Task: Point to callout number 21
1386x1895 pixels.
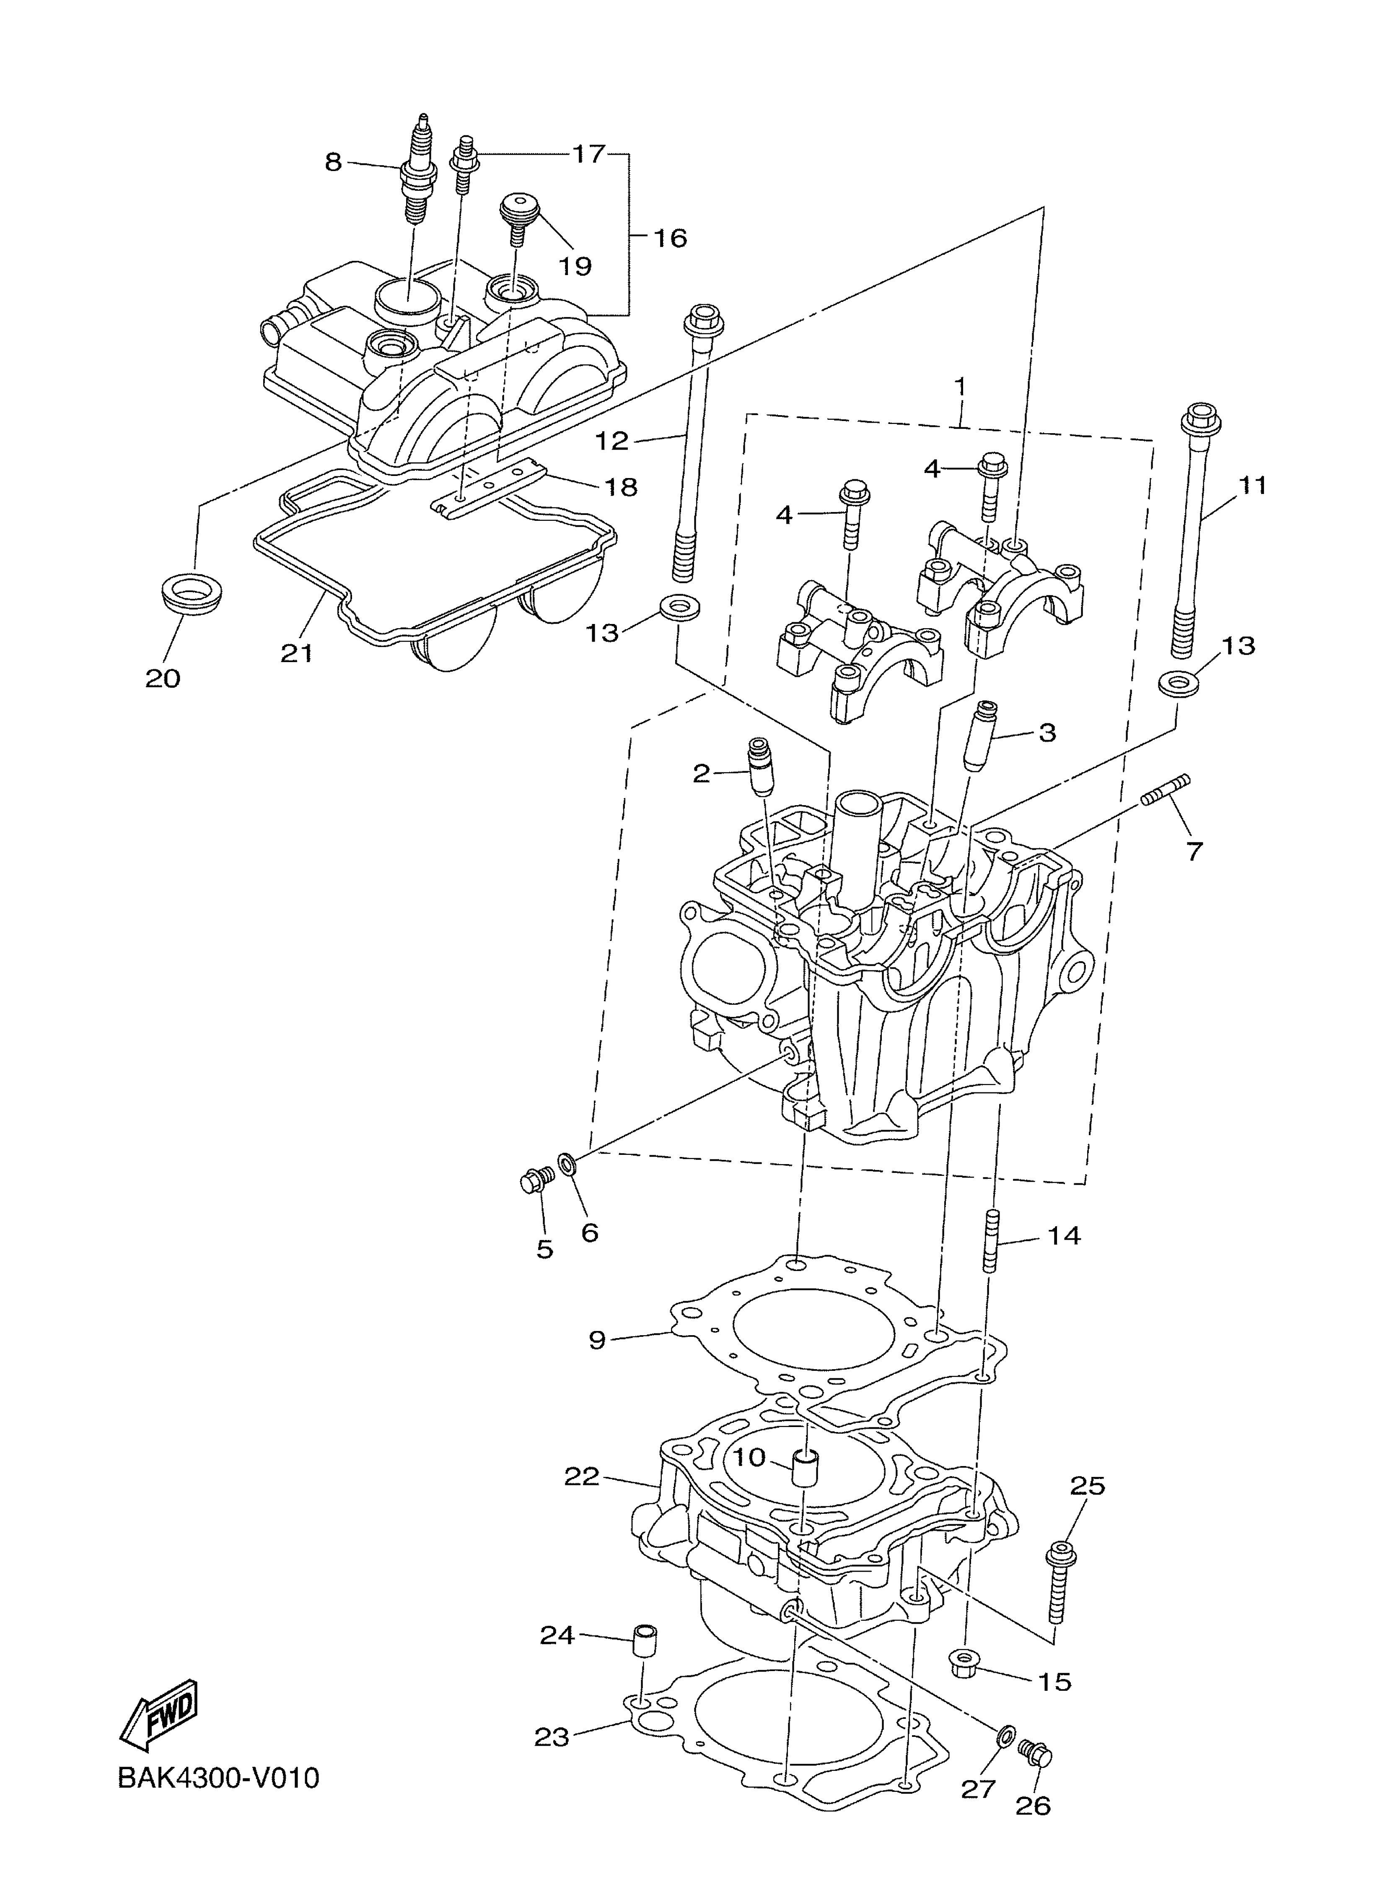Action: pyautogui.click(x=296, y=653)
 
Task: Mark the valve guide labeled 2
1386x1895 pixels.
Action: pyautogui.click(x=760, y=765)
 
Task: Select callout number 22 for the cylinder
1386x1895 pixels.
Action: pyautogui.click(x=581, y=1476)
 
